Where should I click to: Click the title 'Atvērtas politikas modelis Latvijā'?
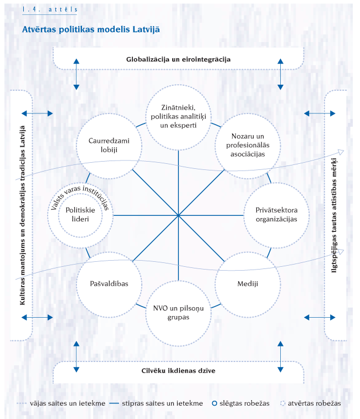pos(91,29)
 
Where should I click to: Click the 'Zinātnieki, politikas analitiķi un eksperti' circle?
pos(178,116)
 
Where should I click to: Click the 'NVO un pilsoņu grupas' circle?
pos(178,313)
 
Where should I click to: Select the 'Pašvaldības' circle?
pos(109,283)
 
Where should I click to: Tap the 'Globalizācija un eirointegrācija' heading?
pos(178,58)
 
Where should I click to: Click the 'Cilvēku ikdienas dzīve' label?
pos(178,370)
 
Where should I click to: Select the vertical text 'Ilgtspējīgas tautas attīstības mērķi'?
pos(335,214)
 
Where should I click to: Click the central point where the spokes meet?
pos(178,215)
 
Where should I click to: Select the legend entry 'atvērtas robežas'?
pos(313,404)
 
